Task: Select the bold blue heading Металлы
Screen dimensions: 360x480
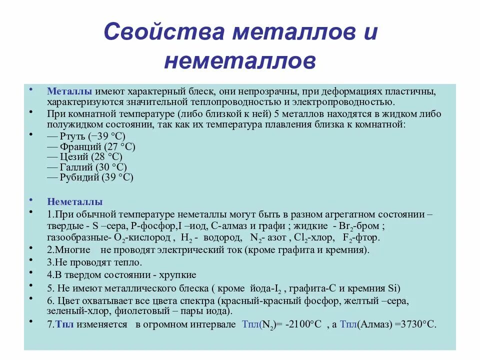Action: pyautogui.click(x=69, y=92)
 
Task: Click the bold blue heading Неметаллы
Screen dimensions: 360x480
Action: pyautogui.click(x=75, y=202)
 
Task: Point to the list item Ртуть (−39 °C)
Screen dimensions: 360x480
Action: pyautogui.click(x=86, y=136)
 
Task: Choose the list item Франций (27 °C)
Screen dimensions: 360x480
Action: pyautogui.click(x=91, y=147)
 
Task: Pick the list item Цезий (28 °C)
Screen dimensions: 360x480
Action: pyautogui.click(x=85, y=157)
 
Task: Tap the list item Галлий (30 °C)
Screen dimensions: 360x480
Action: pyautogui.click(x=87, y=167)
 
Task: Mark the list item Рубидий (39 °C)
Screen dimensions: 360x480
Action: pyautogui.click(x=90, y=177)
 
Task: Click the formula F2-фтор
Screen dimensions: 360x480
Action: pyautogui.click(x=361, y=237)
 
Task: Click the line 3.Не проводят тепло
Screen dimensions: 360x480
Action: pyautogui.click(x=95, y=262)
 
